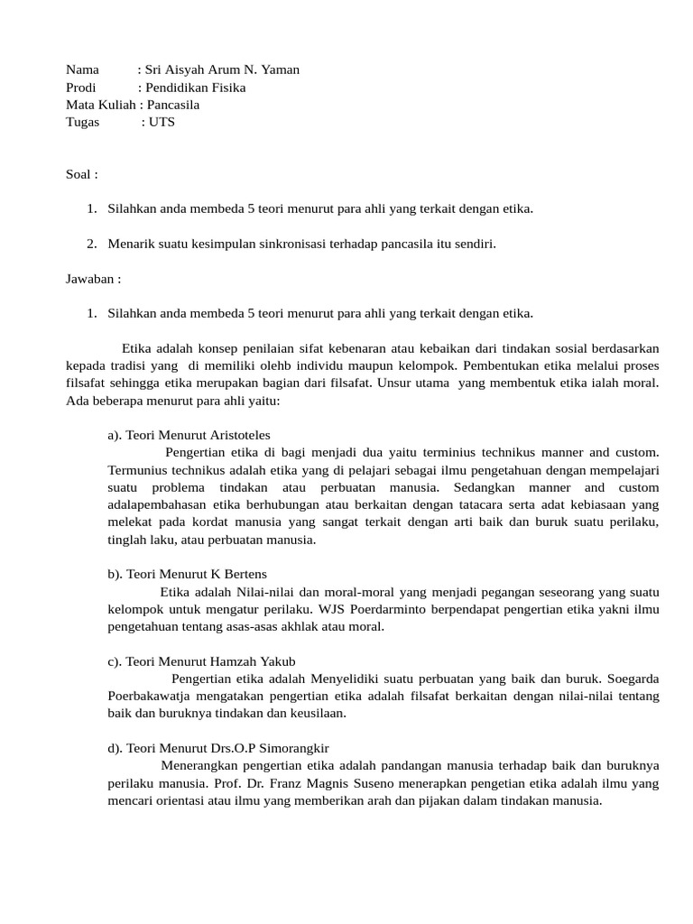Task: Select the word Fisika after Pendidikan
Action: (x=226, y=88)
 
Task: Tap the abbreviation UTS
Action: (x=162, y=122)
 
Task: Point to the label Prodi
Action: (x=80, y=88)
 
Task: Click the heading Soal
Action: (x=79, y=174)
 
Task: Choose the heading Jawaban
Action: (x=90, y=279)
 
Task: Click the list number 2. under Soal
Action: (x=92, y=244)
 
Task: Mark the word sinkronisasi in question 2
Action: (x=315, y=244)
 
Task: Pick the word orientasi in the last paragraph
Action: (x=185, y=800)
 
